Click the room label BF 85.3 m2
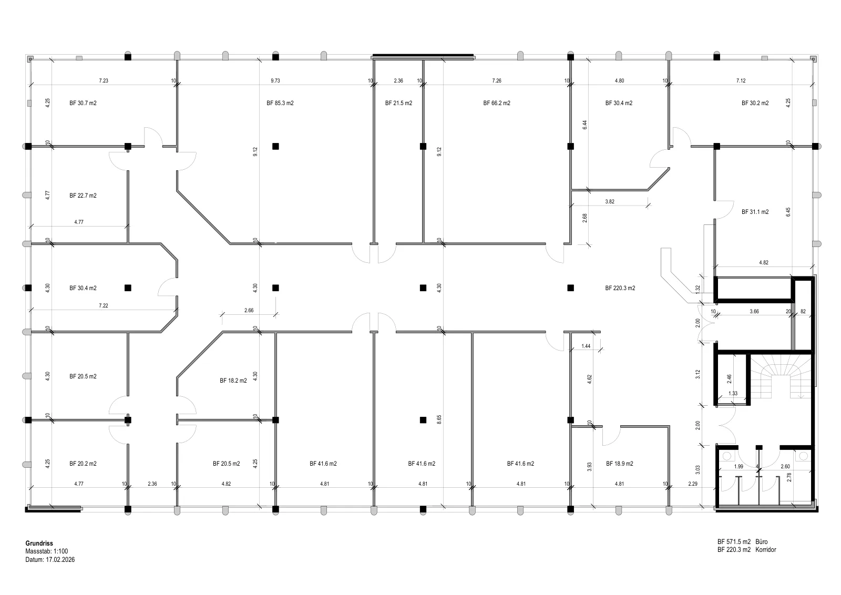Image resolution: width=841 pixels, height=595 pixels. tap(280, 103)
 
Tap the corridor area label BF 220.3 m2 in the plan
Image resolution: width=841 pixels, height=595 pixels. tap(620, 288)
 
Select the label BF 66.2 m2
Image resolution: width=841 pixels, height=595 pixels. tap(497, 103)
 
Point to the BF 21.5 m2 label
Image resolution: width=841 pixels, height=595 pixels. tap(399, 103)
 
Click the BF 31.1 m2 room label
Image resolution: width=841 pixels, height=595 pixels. tap(755, 212)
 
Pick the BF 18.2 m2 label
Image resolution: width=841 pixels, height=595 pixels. tap(233, 381)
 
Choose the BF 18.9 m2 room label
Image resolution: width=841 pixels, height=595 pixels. tap(620, 464)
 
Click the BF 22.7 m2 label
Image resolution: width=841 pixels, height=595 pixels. tap(83, 196)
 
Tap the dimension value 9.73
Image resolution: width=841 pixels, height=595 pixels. tap(275, 80)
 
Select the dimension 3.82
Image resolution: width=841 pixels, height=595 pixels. tap(610, 202)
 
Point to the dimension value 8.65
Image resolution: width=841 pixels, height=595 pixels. tap(439, 419)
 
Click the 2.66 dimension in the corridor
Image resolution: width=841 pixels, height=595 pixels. tap(249, 311)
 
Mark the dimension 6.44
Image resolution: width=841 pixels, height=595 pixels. tap(584, 125)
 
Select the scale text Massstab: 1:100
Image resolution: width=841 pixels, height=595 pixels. tap(47, 551)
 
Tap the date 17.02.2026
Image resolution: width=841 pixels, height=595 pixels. tap(60, 560)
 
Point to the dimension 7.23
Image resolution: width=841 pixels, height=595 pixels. tap(104, 80)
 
